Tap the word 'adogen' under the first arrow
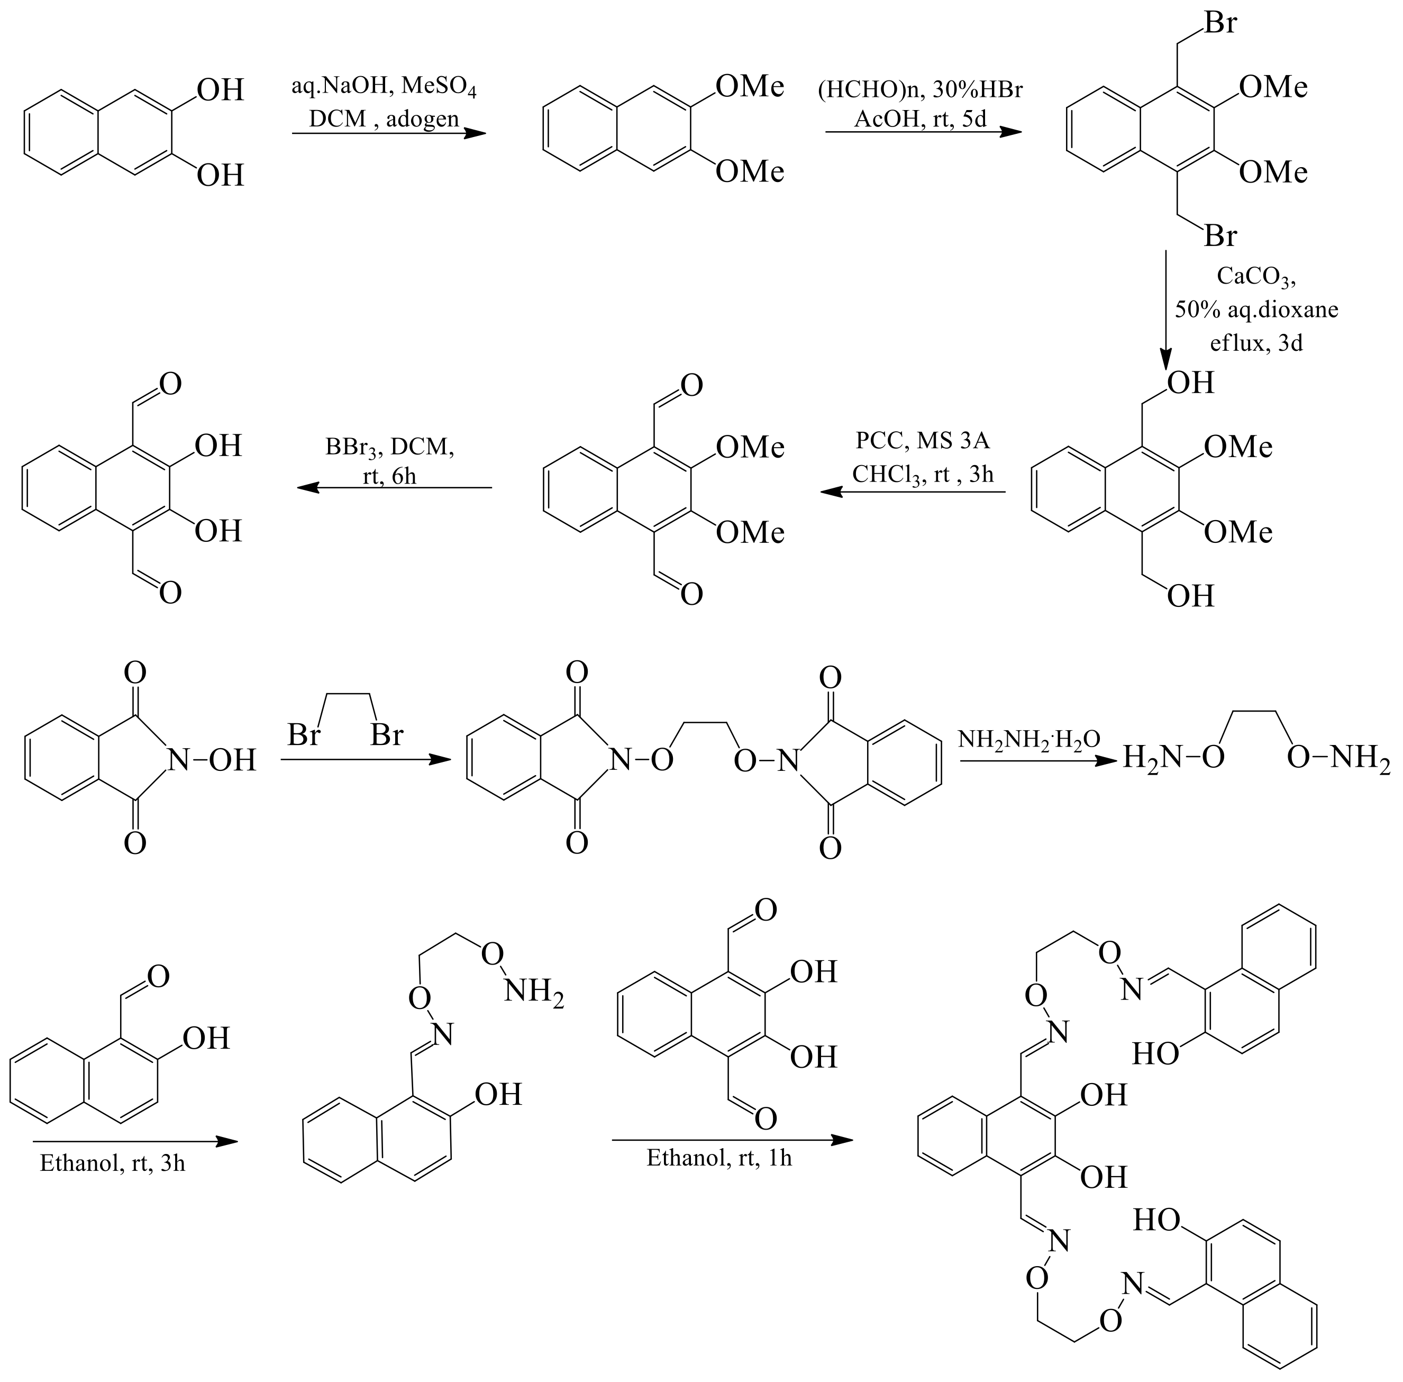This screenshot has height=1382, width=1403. [422, 119]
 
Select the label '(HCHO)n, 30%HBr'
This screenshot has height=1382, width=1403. [919, 90]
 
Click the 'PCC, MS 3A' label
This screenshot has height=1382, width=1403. [922, 441]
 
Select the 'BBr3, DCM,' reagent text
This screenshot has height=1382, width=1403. [390, 447]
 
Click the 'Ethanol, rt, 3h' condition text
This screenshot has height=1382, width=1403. [113, 1163]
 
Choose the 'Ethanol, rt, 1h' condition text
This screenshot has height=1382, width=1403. [718, 1157]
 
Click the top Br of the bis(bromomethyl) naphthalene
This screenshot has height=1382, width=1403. [1219, 23]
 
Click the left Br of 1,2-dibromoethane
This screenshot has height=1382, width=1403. [303, 735]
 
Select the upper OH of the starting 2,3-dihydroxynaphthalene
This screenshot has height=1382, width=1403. [221, 90]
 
